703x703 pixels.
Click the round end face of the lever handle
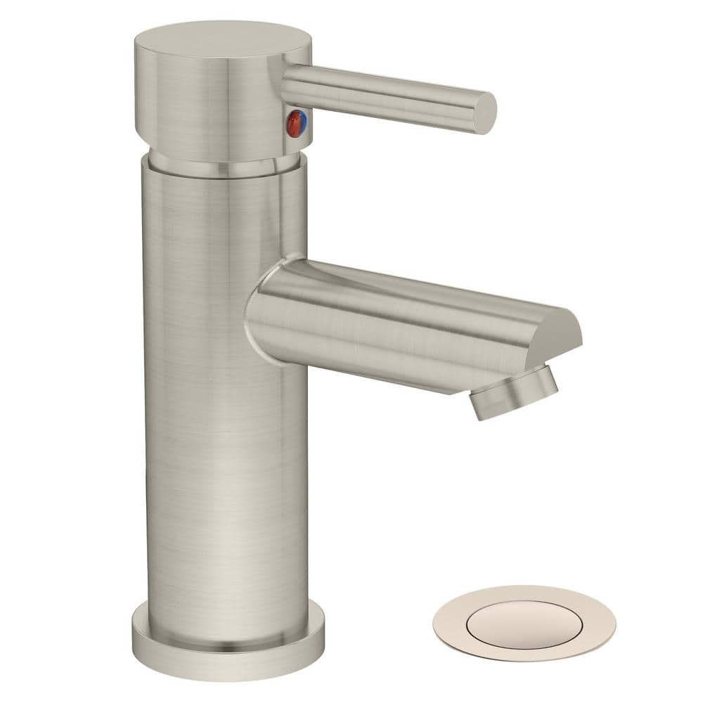tap(484, 112)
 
